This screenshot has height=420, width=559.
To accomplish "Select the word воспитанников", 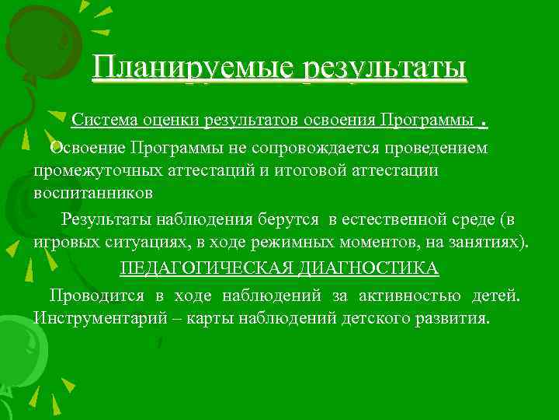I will click(92, 191).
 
